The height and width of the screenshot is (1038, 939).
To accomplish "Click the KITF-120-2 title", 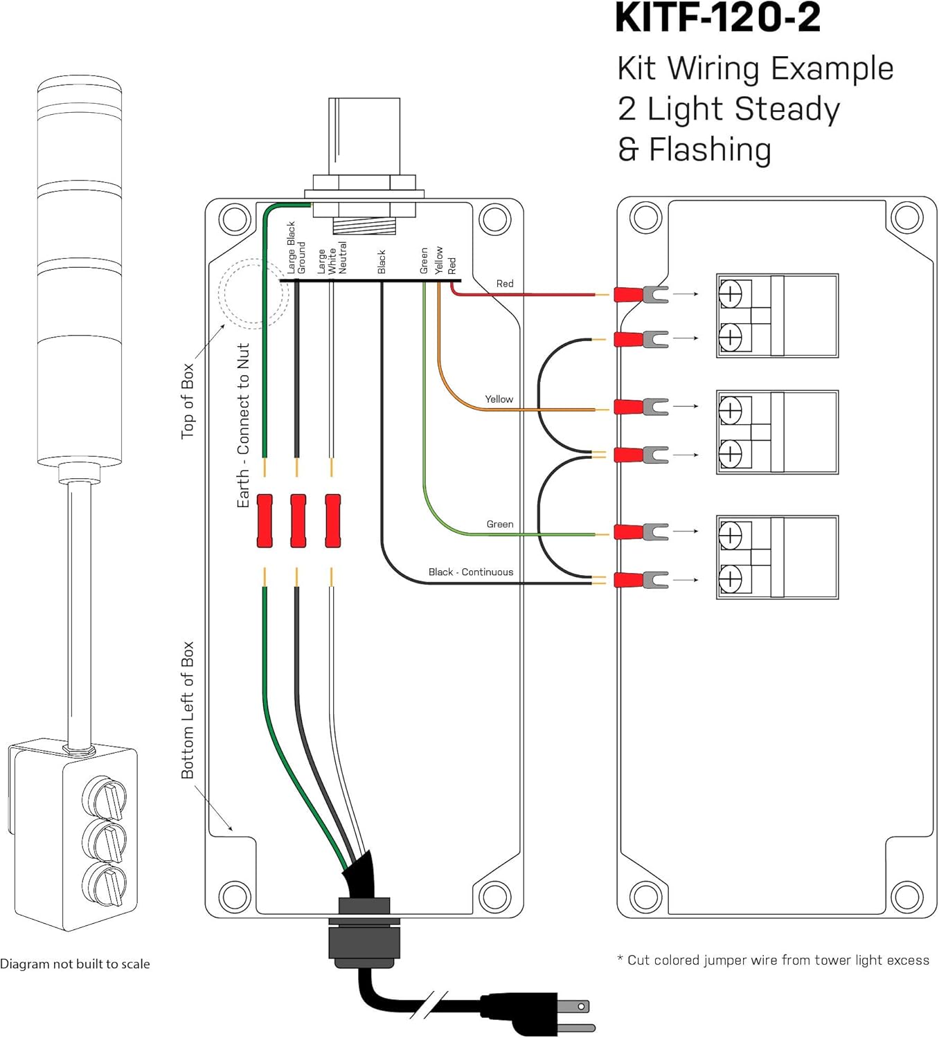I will pos(717,19).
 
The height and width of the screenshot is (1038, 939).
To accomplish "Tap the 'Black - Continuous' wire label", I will pos(470,572).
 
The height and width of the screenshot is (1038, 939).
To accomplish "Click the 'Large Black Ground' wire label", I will pos(296,248).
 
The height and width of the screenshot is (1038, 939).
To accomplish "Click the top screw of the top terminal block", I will pos(730,294).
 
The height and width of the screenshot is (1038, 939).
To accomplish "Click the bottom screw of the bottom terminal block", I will pos(730,579).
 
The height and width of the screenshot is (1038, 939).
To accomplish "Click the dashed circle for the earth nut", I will pos(253,293).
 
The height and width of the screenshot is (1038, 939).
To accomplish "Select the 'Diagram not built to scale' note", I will pos(75,964).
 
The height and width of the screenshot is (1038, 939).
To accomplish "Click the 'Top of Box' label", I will pos(188,401).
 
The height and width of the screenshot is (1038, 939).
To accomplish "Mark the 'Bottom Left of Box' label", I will pos(188,710).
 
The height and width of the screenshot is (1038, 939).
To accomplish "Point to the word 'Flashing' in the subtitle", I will pos(710,149).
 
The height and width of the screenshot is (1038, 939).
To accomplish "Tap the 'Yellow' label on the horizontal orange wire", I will pos(499,399).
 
